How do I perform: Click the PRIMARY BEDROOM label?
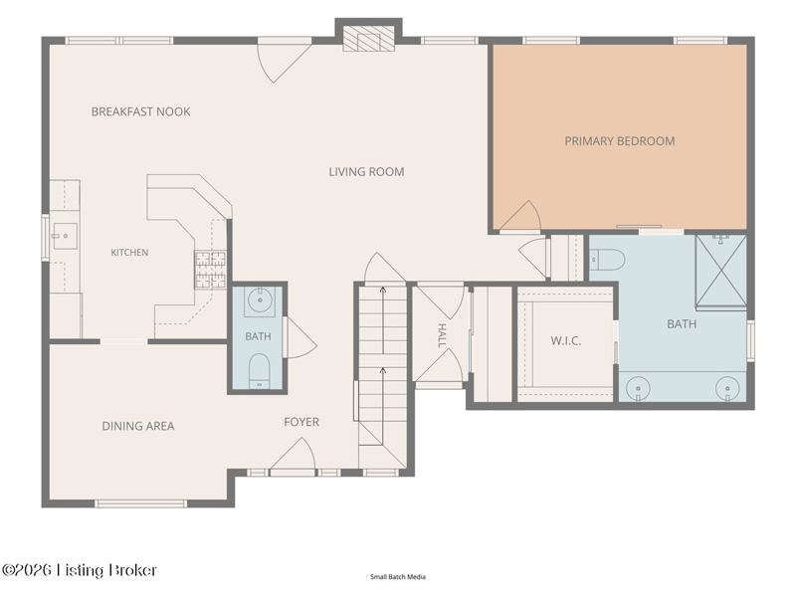(620, 141)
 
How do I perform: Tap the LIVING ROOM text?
(366, 172)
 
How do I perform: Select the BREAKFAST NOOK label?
(140, 111)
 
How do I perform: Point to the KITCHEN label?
(129, 253)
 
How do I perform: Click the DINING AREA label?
(138, 426)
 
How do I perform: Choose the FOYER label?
(301, 422)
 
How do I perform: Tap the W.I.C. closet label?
(566, 340)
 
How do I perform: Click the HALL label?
(442, 335)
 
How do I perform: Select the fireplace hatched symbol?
(368, 39)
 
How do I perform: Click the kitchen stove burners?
(210, 270)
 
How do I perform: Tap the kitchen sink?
(66, 236)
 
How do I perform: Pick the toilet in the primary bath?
(608, 260)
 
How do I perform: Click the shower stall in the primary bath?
(720, 272)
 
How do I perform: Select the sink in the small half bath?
(260, 301)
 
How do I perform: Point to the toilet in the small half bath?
(260, 370)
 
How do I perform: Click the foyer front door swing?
(293, 457)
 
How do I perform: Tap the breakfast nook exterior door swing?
(285, 63)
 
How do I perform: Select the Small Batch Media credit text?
(398, 577)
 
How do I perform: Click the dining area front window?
(140, 503)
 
